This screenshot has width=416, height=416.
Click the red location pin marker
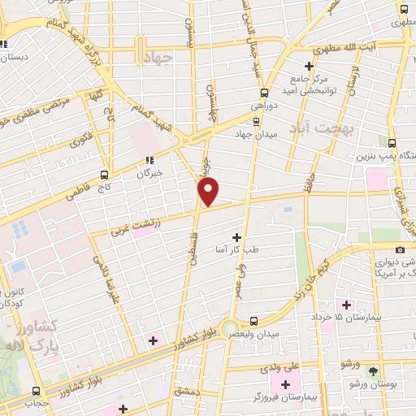point(209,192)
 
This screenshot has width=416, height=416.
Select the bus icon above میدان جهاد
point(257,121)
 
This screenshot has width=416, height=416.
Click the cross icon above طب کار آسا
point(236,237)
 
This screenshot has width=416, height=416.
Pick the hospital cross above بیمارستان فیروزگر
point(285,383)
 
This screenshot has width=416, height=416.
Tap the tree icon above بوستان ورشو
point(373,371)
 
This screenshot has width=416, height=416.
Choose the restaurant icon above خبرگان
point(149,160)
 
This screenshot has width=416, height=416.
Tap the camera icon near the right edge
point(400,250)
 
